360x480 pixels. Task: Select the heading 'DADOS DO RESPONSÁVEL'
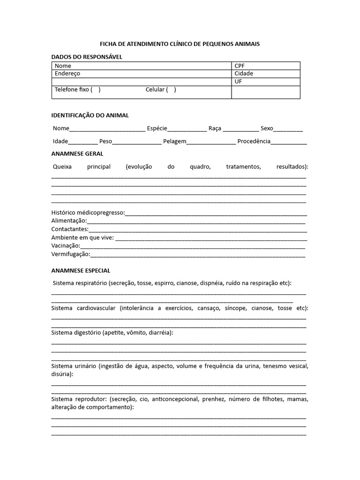(x=86, y=57)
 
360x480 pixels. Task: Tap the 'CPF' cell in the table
(x=240, y=66)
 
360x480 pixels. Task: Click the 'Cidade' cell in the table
(x=244, y=74)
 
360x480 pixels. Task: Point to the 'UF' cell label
(x=238, y=82)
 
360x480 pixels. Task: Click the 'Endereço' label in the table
(x=67, y=74)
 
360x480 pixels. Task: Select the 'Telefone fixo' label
(x=72, y=90)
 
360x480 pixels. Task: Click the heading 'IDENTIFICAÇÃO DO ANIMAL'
(x=90, y=115)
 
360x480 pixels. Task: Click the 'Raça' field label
(x=215, y=128)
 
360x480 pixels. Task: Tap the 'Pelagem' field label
(x=175, y=142)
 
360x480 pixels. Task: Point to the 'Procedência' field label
(x=254, y=142)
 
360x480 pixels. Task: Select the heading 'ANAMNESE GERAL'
(x=77, y=154)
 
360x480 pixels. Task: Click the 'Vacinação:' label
(x=66, y=246)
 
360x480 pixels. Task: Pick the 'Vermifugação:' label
(x=70, y=255)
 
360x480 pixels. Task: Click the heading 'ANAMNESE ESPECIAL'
(x=81, y=270)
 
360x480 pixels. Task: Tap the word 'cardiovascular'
(x=96, y=308)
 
